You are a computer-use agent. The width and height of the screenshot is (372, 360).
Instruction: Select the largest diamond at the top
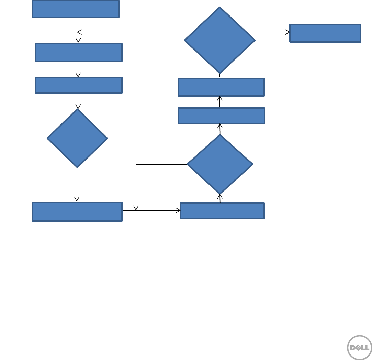220,40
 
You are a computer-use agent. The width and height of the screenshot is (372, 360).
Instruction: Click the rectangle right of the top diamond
325,33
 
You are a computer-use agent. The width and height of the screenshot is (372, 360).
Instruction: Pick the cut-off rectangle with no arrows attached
76,9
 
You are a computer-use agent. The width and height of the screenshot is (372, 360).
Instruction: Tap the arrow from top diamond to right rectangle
273,32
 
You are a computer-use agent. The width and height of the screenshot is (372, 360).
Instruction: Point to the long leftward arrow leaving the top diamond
131,32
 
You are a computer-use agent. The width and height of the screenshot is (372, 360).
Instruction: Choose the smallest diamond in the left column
77,138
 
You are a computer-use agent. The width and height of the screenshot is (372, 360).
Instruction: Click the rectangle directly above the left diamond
79,85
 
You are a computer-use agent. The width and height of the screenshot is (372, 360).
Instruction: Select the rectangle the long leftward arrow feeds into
79,52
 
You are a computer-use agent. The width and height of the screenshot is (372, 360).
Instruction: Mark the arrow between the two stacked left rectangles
79,69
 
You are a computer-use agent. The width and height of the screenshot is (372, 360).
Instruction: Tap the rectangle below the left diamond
77,211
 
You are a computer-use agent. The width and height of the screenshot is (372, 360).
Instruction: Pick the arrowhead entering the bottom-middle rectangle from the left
178,210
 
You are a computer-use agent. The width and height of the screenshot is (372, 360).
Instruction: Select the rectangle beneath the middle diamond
222,210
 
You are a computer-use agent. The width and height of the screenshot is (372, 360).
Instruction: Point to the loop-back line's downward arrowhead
136,208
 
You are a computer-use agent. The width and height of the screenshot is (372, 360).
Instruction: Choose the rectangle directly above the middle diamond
221,116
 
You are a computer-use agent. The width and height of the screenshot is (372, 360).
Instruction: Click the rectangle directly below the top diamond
221,87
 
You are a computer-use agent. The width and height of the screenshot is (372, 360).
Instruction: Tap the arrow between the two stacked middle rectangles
220,102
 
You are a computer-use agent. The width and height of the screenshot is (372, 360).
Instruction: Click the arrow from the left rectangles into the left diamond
78,101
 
